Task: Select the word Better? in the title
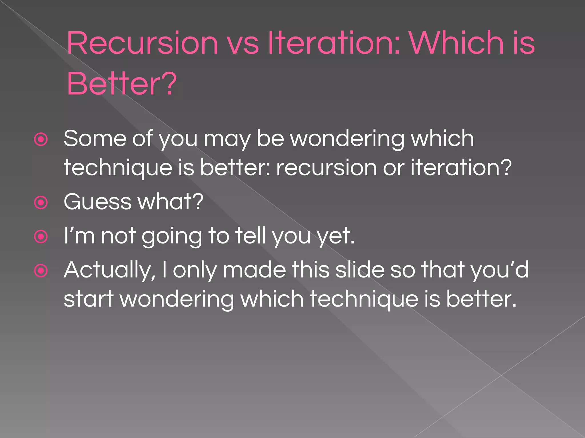click(x=122, y=84)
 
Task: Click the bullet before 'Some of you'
click(x=41, y=140)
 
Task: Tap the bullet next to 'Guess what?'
click(x=41, y=203)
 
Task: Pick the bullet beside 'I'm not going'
click(x=41, y=237)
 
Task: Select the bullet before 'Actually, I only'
click(x=41, y=271)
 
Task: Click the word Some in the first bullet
click(x=95, y=139)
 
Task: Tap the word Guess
click(x=97, y=202)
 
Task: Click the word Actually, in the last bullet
click(x=110, y=270)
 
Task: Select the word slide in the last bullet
click(x=360, y=270)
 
